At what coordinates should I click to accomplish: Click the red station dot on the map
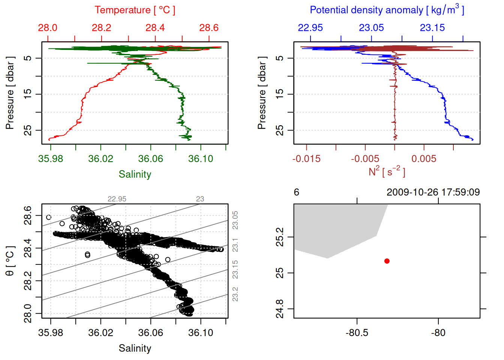(x=387, y=261)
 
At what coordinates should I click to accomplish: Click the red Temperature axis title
(x=135, y=10)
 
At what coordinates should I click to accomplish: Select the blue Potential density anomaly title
(x=387, y=10)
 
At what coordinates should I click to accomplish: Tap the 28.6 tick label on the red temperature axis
(x=208, y=28)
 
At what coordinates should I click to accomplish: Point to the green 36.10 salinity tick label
(x=201, y=159)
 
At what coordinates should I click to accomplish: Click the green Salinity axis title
(x=135, y=174)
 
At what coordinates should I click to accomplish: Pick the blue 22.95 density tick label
(x=310, y=28)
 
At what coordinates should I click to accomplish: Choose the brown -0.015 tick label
(x=306, y=159)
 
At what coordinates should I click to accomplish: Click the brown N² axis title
(x=387, y=172)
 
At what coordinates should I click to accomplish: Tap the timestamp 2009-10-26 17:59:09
(x=433, y=192)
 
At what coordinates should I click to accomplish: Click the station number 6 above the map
(x=296, y=192)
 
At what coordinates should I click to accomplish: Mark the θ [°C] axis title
(x=10, y=261)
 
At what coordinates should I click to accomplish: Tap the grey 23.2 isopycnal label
(x=235, y=294)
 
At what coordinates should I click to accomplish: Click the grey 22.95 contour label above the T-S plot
(x=117, y=199)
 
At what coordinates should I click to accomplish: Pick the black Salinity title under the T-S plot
(x=135, y=348)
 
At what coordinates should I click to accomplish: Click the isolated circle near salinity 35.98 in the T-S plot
(x=48, y=217)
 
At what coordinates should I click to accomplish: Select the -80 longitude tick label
(x=438, y=333)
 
